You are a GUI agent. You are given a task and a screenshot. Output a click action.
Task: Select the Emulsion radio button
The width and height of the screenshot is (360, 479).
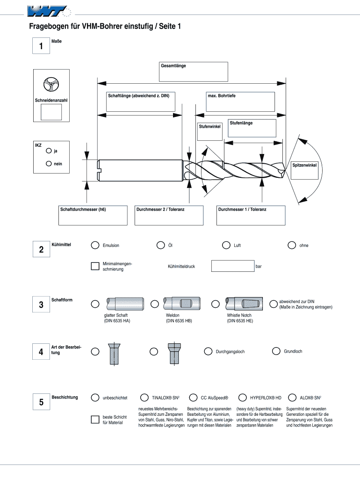pyautogui.click(x=95, y=245)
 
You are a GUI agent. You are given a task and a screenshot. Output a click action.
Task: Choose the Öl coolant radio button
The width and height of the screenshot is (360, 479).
pyautogui.click(x=160, y=245)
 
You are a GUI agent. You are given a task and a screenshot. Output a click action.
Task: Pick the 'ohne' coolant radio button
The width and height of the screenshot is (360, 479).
pyautogui.click(x=292, y=245)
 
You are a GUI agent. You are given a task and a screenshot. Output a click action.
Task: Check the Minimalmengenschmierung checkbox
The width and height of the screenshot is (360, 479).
pyautogui.click(x=95, y=267)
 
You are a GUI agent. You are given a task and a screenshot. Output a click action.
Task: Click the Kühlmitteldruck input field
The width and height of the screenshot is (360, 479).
pyautogui.click(x=232, y=266)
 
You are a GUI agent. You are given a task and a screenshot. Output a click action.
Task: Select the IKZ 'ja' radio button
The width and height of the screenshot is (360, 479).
pyautogui.click(x=49, y=151)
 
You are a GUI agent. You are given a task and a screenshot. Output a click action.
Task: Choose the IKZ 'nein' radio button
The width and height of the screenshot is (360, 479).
pyautogui.click(x=49, y=164)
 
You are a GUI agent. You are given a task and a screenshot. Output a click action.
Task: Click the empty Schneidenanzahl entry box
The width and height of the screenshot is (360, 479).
pyautogui.click(x=51, y=112)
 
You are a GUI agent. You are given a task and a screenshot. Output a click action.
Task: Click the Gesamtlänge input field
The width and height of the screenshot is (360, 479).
pyautogui.click(x=193, y=72)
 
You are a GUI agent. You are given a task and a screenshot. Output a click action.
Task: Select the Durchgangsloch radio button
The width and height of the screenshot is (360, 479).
pyautogui.click(x=208, y=351)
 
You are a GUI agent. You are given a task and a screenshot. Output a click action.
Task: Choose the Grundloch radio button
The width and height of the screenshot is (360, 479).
pyautogui.click(x=276, y=351)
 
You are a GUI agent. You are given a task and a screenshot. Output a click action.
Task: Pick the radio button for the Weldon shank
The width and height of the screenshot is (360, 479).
pyautogui.click(x=155, y=304)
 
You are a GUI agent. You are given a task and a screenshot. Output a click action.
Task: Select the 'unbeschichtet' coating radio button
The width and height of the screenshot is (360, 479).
pyautogui.click(x=95, y=398)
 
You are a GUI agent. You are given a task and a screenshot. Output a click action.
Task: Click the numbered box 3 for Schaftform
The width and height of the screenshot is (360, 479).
pyautogui.click(x=41, y=305)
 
